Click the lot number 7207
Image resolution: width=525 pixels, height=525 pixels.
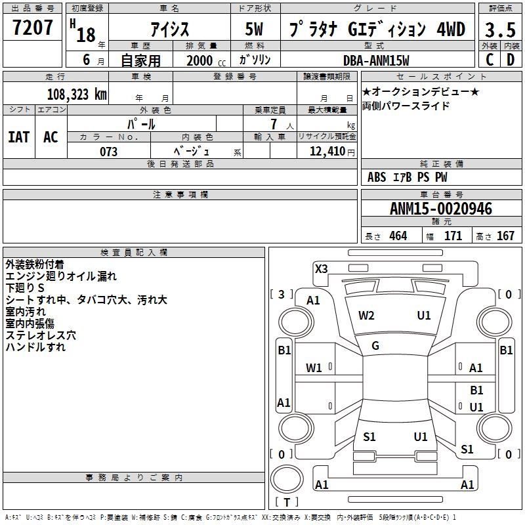pos(33,28)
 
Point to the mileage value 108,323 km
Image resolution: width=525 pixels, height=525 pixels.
pos(77,94)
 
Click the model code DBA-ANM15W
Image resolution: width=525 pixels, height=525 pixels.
pos(376,60)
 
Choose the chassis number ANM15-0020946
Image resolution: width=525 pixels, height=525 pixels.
pos(440,209)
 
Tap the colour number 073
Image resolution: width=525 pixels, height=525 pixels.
pos(108,152)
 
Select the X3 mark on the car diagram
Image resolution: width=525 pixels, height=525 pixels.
pos(322,268)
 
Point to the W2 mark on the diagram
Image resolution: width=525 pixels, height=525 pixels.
pos(366,316)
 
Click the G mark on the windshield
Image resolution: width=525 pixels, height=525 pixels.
pos(375,346)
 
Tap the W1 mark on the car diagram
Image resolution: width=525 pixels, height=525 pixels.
pos(314,368)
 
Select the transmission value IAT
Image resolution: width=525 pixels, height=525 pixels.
pos(19,137)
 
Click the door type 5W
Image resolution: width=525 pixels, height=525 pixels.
pos(255,30)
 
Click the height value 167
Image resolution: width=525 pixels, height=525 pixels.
pos(505,236)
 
